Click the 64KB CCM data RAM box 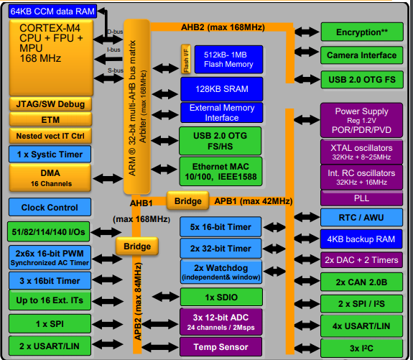click(x=52, y=11)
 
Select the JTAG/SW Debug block click(x=50, y=104)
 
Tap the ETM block click(x=50, y=120)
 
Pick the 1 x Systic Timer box click(x=50, y=154)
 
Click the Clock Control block click(x=50, y=207)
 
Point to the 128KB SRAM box click(x=222, y=89)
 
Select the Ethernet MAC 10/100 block click(x=221, y=172)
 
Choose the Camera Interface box click(x=361, y=55)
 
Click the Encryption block click(x=362, y=32)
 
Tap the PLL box click(x=361, y=198)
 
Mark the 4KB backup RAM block click(x=361, y=239)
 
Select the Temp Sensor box click(x=221, y=346)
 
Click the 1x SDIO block click(x=221, y=297)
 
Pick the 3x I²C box click(x=361, y=348)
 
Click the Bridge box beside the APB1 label click(x=187, y=200)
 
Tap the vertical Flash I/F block click(x=186, y=59)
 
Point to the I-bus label click(x=113, y=50)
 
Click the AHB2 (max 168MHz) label click(x=223, y=27)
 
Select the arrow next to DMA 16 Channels click(x=108, y=179)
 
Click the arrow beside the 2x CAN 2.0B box click(x=307, y=280)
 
